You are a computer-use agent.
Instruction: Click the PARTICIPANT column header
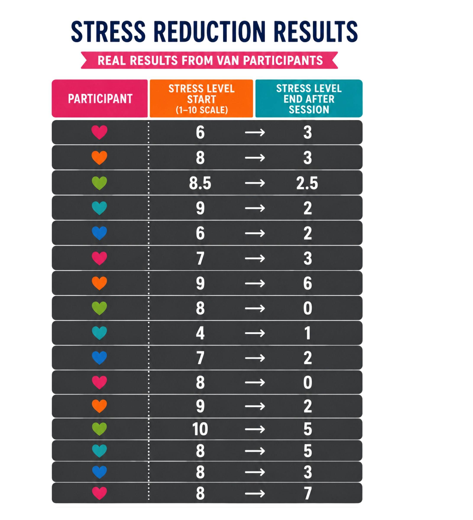[100, 99]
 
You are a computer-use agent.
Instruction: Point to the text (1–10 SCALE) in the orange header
[202, 110]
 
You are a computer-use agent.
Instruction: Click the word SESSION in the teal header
[309, 110]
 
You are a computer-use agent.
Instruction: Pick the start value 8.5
[200, 183]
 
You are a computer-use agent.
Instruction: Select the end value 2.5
[307, 183]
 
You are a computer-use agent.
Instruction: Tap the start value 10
[200, 429]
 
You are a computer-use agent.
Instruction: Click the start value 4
[200, 333]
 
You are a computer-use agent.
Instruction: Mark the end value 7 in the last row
[308, 493]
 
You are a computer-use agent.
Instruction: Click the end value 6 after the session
[308, 283]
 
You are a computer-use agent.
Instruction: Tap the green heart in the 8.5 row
[100, 183]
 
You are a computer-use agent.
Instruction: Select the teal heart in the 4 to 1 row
[100, 333]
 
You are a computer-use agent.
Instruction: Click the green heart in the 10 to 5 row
[100, 429]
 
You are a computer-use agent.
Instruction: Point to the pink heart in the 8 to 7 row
[100, 493]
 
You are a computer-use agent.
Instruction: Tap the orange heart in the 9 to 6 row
[100, 283]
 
